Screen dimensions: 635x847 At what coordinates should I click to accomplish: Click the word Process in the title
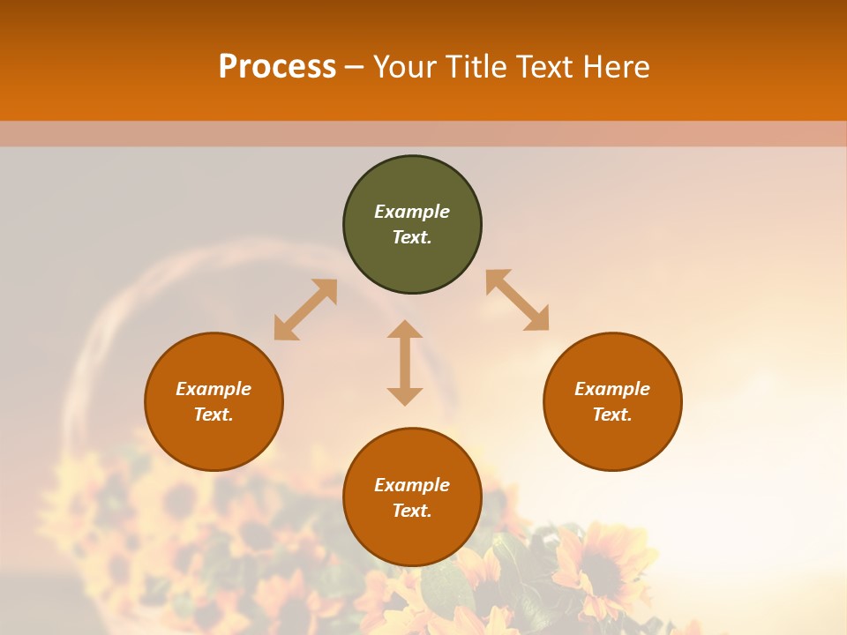(x=277, y=67)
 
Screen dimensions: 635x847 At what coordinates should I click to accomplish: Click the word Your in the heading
(x=408, y=67)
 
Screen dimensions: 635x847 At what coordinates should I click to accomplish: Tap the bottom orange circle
(x=412, y=538)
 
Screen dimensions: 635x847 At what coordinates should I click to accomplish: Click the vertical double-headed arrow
(x=405, y=362)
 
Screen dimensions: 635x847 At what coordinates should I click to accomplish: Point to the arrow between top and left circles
(x=305, y=310)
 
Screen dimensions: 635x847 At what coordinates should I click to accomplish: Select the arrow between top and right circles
(x=517, y=300)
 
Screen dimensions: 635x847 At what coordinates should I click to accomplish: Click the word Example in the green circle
(x=412, y=212)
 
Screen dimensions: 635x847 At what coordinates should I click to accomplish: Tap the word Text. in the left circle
(x=214, y=415)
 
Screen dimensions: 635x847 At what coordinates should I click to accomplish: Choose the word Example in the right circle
(x=612, y=389)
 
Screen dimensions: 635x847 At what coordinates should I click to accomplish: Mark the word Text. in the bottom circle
(x=412, y=511)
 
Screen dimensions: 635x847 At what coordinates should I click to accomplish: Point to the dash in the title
(x=355, y=67)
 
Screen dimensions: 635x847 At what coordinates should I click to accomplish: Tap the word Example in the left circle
(x=214, y=389)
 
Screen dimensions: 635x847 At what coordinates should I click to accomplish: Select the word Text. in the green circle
(x=412, y=237)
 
